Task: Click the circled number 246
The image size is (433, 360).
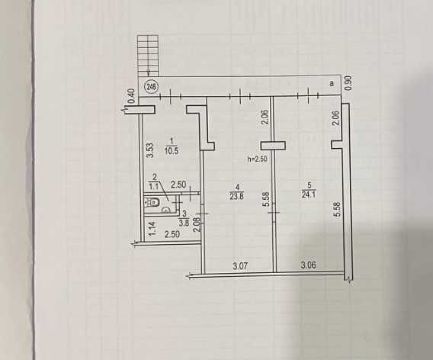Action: (x=152, y=87)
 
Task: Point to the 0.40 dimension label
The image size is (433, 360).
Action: (x=132, y=95)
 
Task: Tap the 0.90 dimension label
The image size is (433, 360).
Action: (x=349, y=83)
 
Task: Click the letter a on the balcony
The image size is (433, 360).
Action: (x=332, y=83)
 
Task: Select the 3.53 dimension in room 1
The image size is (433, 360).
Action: (x=149, y=150)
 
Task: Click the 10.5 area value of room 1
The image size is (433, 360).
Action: (x=172, y=151)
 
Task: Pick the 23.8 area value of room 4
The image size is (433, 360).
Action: (x=236, y=197)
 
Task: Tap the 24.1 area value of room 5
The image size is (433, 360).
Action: (x=309, y=194)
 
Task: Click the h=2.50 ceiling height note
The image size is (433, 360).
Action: (x=258, y=159)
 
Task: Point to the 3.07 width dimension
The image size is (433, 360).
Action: (x=240, y=266)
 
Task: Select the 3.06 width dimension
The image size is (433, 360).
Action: (x=309, y=265)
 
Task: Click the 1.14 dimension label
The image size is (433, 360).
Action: (x=152, y=229)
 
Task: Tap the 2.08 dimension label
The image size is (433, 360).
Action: (x=196, y=225)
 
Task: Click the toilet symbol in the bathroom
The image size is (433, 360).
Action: (x=152, y=204)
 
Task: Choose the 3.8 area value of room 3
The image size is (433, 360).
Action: (x=184, y=223)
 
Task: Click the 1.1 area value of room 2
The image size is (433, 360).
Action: (x=154, y=187)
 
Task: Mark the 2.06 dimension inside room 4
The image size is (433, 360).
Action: (x=265, y=117)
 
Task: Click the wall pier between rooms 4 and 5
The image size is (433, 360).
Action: (x=273, y=146)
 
